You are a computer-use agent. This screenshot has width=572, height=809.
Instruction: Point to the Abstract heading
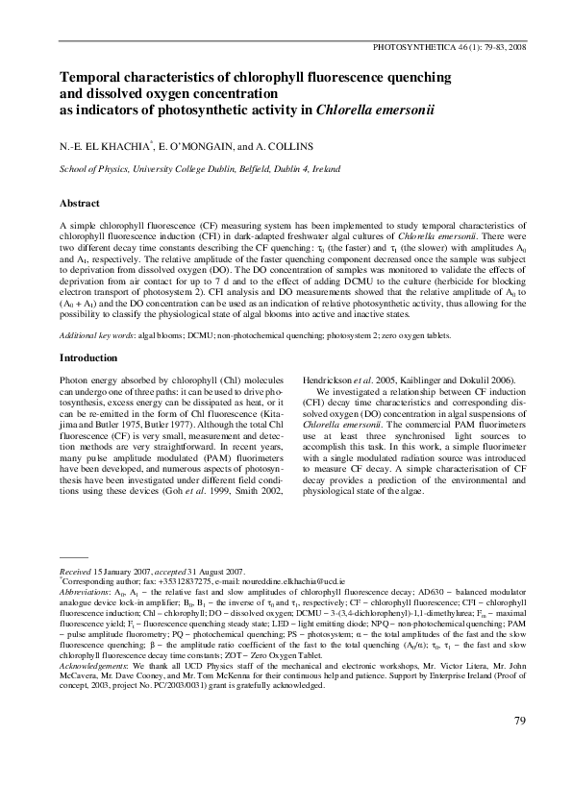click(x=82, y=204)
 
